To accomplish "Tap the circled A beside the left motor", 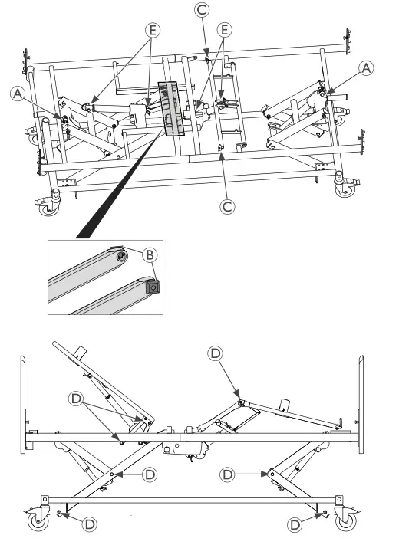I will (18, 94).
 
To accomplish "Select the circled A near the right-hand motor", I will (367, 69).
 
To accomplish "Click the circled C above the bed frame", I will (203, 10).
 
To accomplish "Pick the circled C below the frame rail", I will (226, 205).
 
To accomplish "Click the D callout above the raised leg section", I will (216, 353).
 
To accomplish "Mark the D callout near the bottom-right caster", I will (295, 524).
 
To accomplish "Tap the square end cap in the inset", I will (152, 286).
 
